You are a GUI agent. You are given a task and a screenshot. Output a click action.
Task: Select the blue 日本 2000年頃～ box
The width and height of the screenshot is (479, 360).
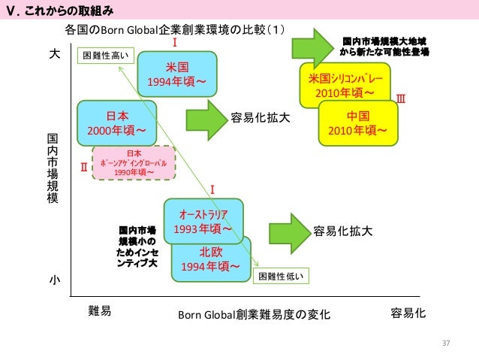[117, 124]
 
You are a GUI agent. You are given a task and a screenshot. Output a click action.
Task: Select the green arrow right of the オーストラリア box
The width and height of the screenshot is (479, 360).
[287, 231]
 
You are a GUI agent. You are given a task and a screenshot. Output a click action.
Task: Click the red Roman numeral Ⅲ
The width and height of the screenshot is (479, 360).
[400, 98]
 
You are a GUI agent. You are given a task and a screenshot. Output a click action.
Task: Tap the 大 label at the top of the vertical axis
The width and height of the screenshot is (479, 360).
[54, 55]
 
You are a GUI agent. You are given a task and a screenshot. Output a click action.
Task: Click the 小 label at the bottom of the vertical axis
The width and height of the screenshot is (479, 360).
[54, 279]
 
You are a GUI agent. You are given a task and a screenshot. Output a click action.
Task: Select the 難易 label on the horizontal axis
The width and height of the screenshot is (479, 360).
[99, 312]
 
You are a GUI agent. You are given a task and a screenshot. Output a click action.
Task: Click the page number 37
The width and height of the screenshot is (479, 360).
[445, 343]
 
